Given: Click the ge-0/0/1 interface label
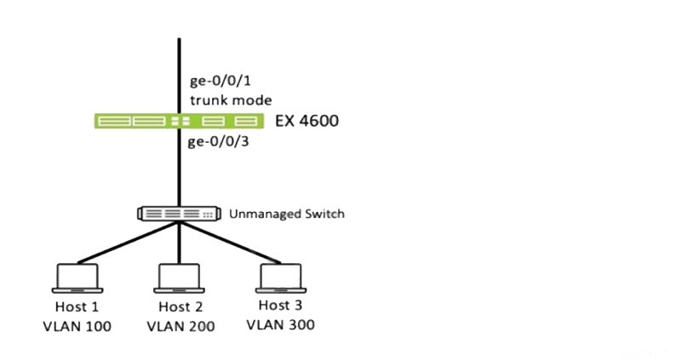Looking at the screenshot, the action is click(221, 81).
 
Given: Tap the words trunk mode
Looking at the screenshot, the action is click(231, 100).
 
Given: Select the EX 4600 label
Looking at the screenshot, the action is click(307, 121).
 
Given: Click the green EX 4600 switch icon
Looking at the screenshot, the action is click(179, 121).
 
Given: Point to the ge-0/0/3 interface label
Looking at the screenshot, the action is click(219, 142).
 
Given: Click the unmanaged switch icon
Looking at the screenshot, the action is click(179, 214).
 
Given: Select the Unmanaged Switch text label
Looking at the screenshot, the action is click(287, 214).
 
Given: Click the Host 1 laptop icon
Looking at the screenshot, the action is click(77, 278).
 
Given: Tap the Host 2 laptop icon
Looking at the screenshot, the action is click(180, 278).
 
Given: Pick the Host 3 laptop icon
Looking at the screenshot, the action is click(281, 278).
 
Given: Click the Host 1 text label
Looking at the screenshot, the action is click(77, 306).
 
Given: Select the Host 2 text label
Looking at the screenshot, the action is click(180, 306).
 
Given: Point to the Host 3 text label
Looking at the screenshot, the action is click(281, 305).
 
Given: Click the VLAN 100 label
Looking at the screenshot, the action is click(77, 326).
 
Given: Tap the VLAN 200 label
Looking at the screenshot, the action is click(180, 326).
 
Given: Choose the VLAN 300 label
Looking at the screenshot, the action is click(281, 324).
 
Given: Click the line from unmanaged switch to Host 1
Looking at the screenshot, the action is click(128, 243).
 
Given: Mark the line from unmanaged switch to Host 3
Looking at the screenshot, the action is click(230, 243).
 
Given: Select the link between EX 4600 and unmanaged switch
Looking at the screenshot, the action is click(179, 168).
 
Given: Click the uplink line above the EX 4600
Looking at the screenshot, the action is click(179, 76).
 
